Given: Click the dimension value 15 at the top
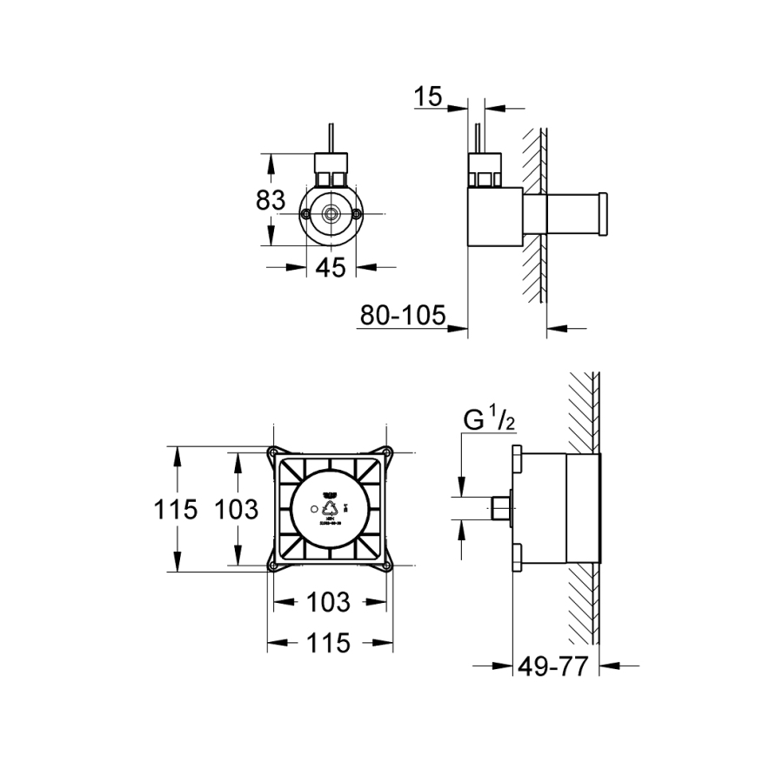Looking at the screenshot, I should pyautogui.click(x=429, y=97).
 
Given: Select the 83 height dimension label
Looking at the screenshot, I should pyautogui.click(x=271, y=200).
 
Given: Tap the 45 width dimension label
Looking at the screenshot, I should pyautogui.click(x=331, y=268).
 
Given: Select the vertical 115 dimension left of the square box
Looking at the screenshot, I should pyautogui.click(x=177, y=509).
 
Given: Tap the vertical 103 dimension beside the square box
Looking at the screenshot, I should pyautogui.click(x=236, y=509).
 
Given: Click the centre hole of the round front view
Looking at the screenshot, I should pyautogui.click(x=331, y=214).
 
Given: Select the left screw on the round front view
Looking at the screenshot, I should pyautogui.click(x=306, y=214).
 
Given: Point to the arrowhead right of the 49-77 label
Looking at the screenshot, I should pyautogui.click(x=609, y=667).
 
